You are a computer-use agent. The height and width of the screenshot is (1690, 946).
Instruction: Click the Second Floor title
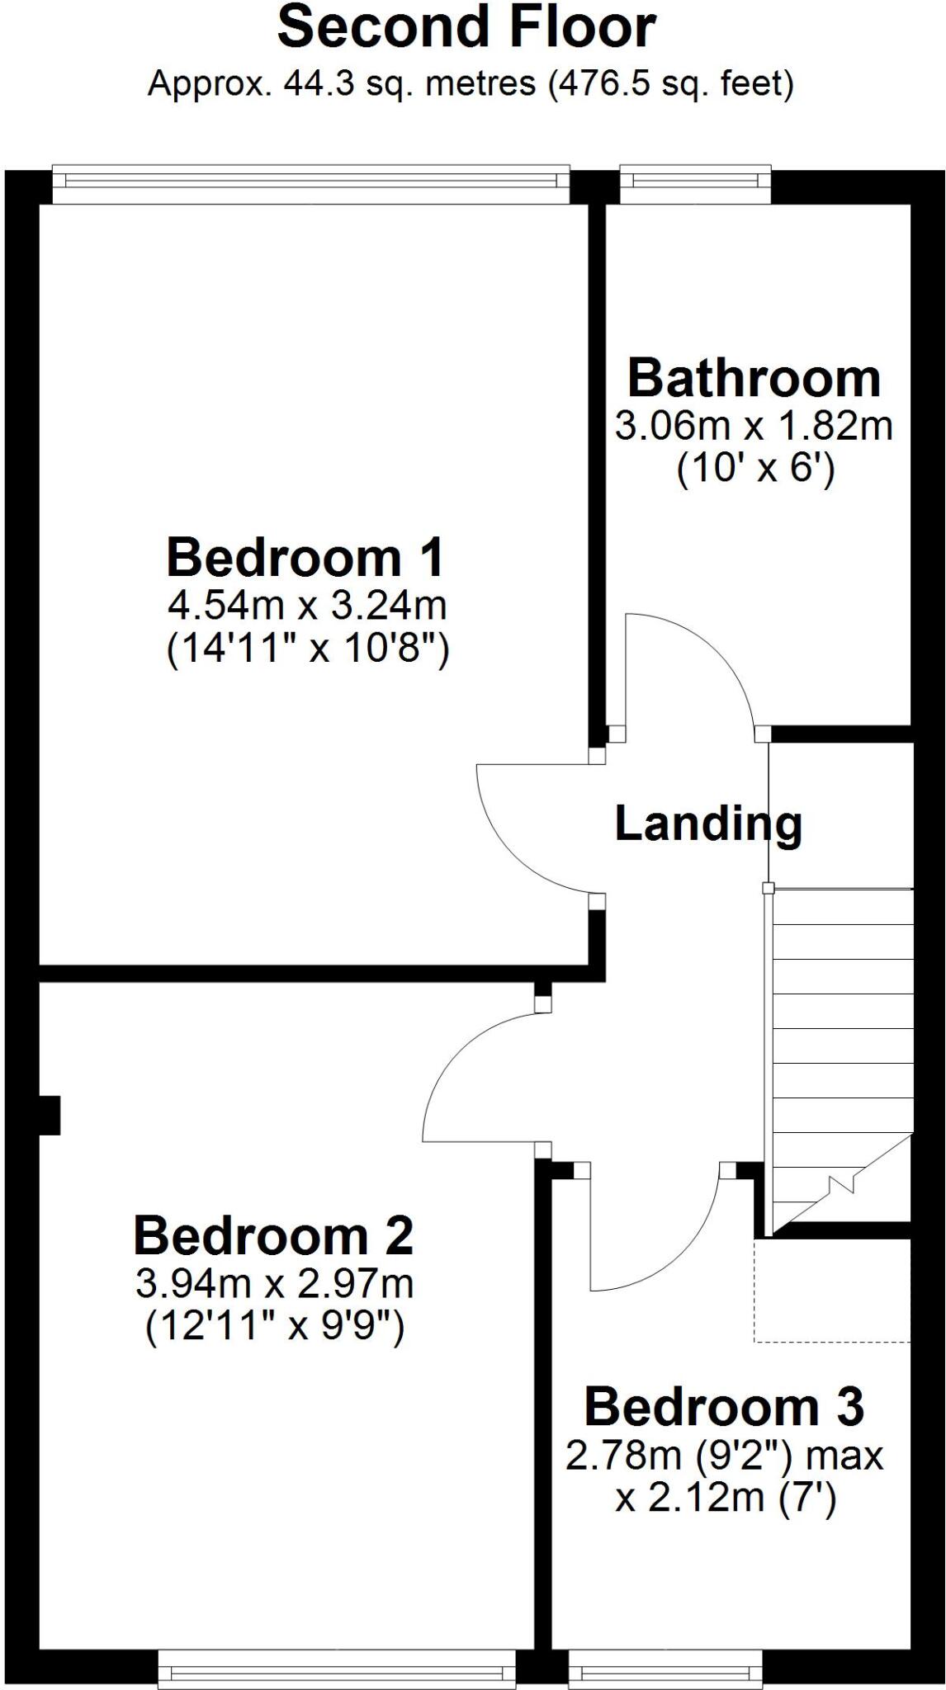coord(466,28)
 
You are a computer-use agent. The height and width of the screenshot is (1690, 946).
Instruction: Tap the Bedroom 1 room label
coord(305,558)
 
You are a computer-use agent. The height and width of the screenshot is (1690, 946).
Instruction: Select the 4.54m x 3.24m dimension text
coord(307,607)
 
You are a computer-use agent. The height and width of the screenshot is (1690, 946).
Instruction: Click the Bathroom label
coord(754,379)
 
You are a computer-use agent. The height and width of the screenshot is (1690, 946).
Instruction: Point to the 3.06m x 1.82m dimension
coord(754,427)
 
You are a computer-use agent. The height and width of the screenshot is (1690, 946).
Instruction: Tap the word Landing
coord(708,824)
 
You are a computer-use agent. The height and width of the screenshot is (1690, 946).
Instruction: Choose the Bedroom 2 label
coord(273,1236)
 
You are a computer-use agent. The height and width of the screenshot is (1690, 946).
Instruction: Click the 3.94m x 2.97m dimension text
coord(274,1284)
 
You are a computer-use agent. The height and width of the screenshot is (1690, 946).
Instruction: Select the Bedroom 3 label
coord(724,1407)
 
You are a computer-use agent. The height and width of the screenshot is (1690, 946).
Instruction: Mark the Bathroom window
coord(695,182)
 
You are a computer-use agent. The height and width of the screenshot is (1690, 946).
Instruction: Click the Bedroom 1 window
coord(310,182)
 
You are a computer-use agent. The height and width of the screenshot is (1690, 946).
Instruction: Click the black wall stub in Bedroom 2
coord(50,1115)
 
